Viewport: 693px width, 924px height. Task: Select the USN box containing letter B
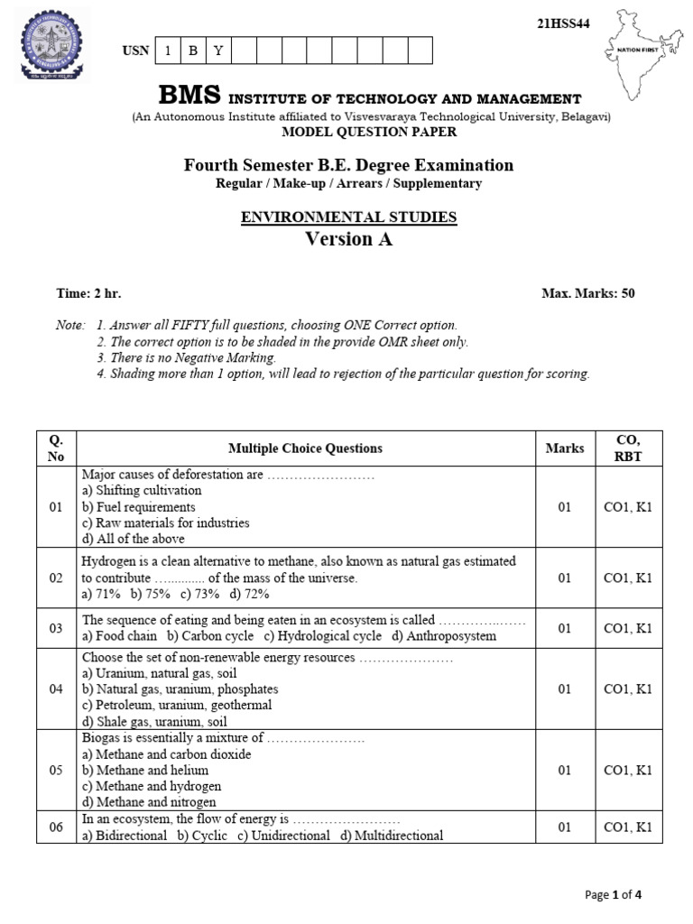click(x=192, y=51)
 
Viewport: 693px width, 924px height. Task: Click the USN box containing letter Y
click(x=217, y=51)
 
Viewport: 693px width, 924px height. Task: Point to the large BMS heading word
click(x=189, y=97)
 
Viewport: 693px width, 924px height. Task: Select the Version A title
click(x=348, y=239)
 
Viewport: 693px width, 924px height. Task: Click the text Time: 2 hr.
click(x=88, y=293)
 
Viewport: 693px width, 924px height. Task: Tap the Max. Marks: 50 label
click(x=587, y=293)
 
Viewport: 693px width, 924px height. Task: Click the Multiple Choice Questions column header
click(x=305, y=448)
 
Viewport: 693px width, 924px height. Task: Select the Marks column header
click(x=565, y=448)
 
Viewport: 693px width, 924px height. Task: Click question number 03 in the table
click(x=56, y=628)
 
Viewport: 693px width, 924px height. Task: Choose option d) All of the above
click(x=133, y=540)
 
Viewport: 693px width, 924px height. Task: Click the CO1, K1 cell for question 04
click(x=627, y=689)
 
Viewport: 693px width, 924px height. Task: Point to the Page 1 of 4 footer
click(x=613, y=895)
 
